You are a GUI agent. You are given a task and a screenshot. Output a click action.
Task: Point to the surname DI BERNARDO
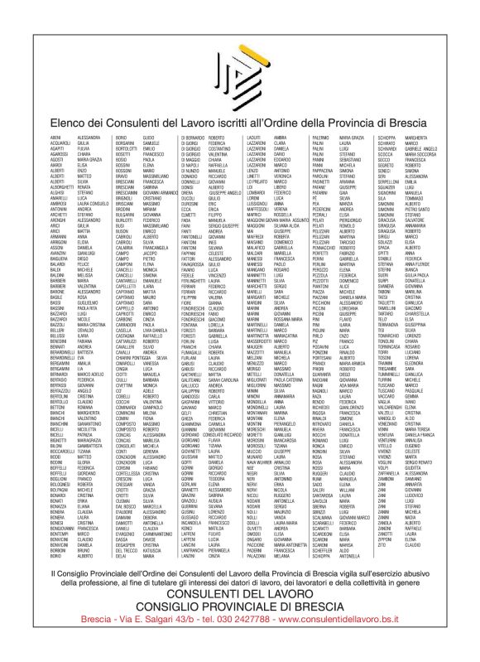pos(192,136)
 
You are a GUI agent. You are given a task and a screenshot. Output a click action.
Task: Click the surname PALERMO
pos(321,136)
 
